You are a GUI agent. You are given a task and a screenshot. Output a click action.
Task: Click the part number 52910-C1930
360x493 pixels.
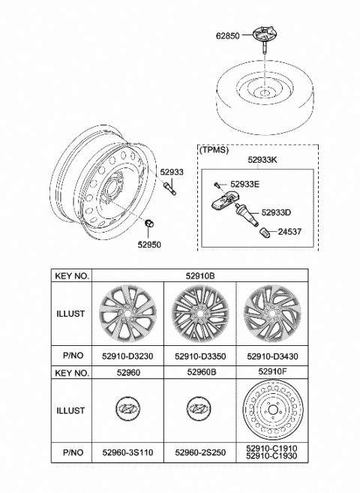point(272,456)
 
